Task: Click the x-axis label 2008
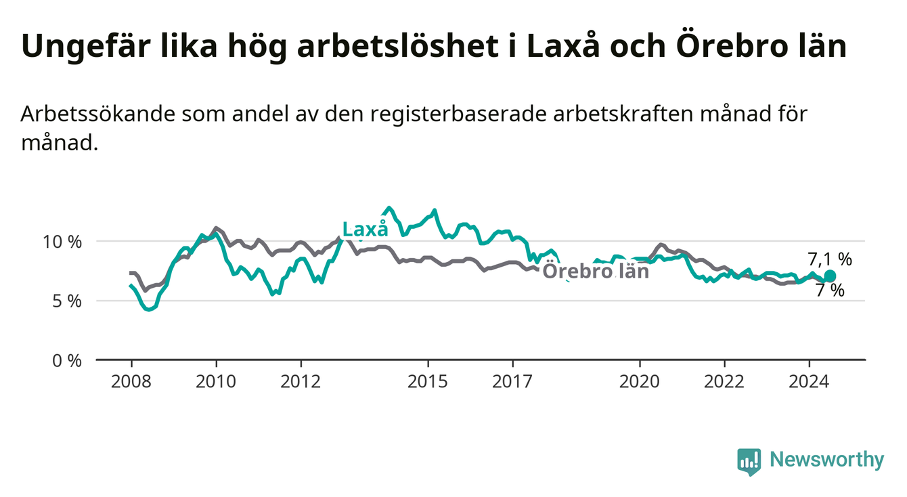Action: pos(131,382)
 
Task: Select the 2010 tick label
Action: pos(216,382)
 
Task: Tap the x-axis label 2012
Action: pos(301,382)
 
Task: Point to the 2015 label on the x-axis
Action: pos(428,382)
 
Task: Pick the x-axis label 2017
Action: pos(512,382)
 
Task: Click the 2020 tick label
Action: pos(640,382)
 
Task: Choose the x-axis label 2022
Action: pos(724,382)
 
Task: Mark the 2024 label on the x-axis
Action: pos(809,382)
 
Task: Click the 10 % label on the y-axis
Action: pos(62,242)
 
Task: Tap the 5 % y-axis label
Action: pos(67,301)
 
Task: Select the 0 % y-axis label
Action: pos(67,360)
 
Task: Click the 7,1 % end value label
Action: pos(830,259)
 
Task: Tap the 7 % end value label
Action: pos(830,290)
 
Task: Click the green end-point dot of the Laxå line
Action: pos(830,276)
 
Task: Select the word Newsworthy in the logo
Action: pos(827,460)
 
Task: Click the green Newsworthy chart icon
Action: pos(749,462)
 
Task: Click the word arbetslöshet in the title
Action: pos(397,46)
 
